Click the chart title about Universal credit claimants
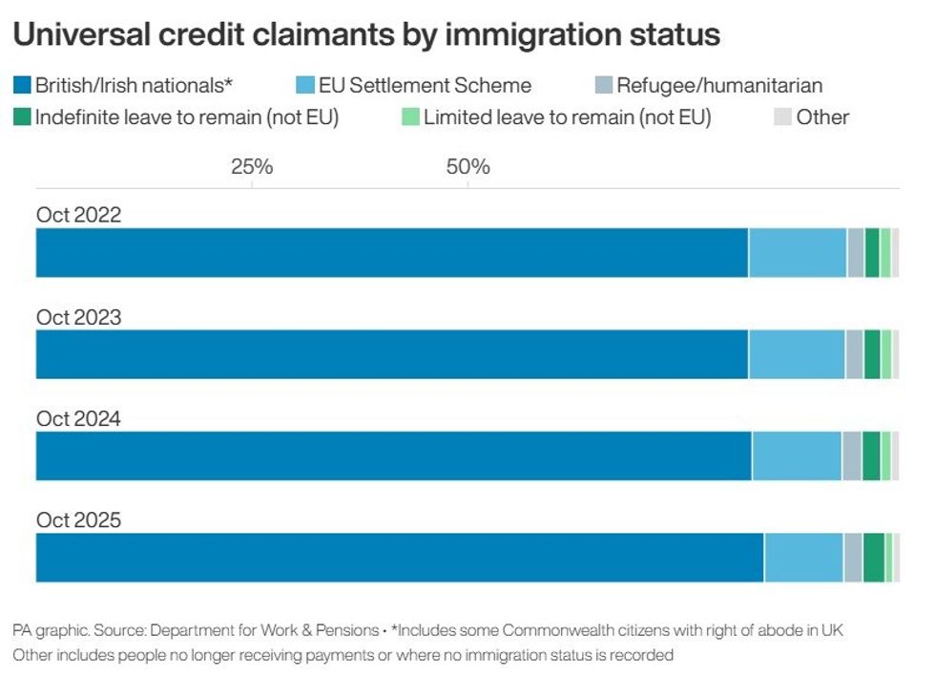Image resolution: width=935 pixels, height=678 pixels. coord(365,35)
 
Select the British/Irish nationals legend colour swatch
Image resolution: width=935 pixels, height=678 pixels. coord(23,86)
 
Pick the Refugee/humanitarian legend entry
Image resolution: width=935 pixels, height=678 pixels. coord(718,86)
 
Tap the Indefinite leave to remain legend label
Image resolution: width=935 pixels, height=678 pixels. coord(187,117)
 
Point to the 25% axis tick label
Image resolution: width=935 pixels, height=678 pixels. coord(252,167)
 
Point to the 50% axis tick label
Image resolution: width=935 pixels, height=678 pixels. coord(467,167)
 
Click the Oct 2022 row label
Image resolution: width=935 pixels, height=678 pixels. coord(79,215)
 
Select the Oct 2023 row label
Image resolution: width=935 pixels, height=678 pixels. coord(79,317)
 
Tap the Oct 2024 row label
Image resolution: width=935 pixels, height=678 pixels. coord(79,418)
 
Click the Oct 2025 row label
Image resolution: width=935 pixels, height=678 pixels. coord(79,520)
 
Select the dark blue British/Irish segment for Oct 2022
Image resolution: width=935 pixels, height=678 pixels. coord(391,253)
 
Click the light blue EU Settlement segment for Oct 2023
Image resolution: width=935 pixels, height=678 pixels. coord(797,354)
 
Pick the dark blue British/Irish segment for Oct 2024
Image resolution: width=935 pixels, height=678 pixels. coord(393,456)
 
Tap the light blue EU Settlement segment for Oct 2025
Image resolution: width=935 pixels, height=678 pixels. coord(803,558)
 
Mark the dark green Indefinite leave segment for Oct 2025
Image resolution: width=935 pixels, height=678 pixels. coord(873,558)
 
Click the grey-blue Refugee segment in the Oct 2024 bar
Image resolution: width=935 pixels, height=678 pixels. coord(851,456)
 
